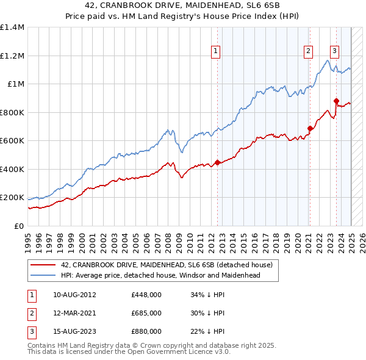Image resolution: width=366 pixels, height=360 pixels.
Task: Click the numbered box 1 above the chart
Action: pos(217,51)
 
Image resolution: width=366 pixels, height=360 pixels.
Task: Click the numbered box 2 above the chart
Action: pos(309,51)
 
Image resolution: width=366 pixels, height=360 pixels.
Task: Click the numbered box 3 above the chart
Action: pos(335,51)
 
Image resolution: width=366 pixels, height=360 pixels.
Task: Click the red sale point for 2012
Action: pos(217,163)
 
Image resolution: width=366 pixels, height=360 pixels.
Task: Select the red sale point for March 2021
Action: pos(310,129)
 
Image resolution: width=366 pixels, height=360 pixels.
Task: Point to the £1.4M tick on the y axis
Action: pos(12,27)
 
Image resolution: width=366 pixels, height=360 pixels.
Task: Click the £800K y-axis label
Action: pos(12,112)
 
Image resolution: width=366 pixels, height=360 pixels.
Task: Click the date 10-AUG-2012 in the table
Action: pos(74,295)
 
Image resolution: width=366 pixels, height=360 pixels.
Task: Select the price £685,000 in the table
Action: pos(146,313)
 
